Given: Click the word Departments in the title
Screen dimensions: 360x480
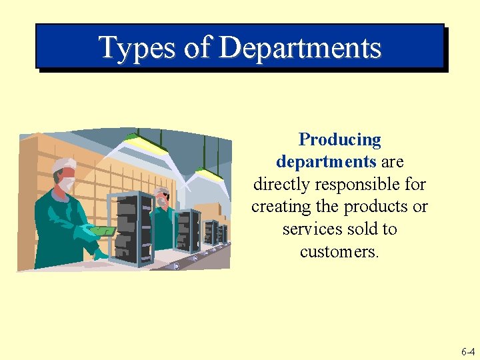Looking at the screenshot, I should pyautogui.click(x=299, y=48).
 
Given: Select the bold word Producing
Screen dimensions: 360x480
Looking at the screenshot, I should pyautogui.click(x=340, y=139).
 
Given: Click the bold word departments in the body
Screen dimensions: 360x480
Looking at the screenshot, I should pyautogui.click(x=326, y=162).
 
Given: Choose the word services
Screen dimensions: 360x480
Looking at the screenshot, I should pyautogui.click(x=310, y=229).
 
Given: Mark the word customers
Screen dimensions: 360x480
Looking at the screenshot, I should pyautogui.click(x=339, y=251).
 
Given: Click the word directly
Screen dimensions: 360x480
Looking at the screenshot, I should pyautogui.click(x=282, y=184).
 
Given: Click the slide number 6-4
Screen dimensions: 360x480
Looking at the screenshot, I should pyautogui.click(x=467, y=351).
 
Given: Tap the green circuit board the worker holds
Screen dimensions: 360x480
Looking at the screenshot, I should pyautogui.click(x=103, y=231).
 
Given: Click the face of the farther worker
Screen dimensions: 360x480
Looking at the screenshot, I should pyautogui.click(x=162, y=198).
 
